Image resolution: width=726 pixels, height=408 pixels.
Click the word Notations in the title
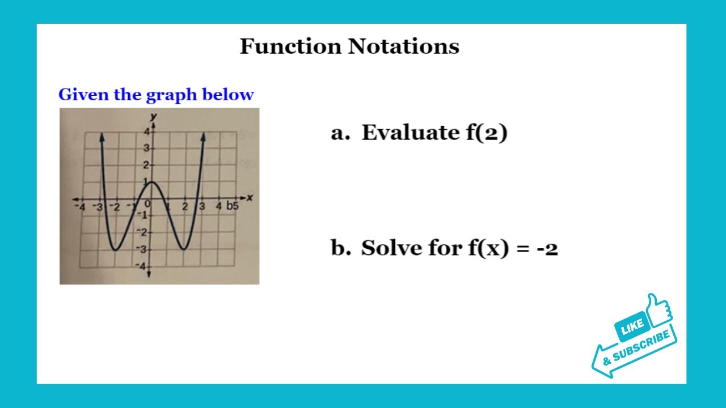click(404, 46)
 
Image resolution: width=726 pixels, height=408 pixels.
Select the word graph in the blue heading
click(166, 95)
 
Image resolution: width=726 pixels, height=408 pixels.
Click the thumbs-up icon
click(658, 309)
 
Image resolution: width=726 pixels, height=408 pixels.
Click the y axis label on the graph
click(153, 117)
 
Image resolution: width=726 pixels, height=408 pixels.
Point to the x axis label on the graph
click(249, 197)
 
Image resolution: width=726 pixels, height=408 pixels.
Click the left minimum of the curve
click(115, 249)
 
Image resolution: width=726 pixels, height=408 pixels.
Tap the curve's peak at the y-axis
click(150, 181)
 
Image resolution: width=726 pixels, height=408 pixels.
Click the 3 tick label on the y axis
click(145, 148)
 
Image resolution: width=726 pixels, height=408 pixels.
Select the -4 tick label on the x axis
click(81, 207)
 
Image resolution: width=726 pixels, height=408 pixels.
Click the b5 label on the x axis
click(233, 206)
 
